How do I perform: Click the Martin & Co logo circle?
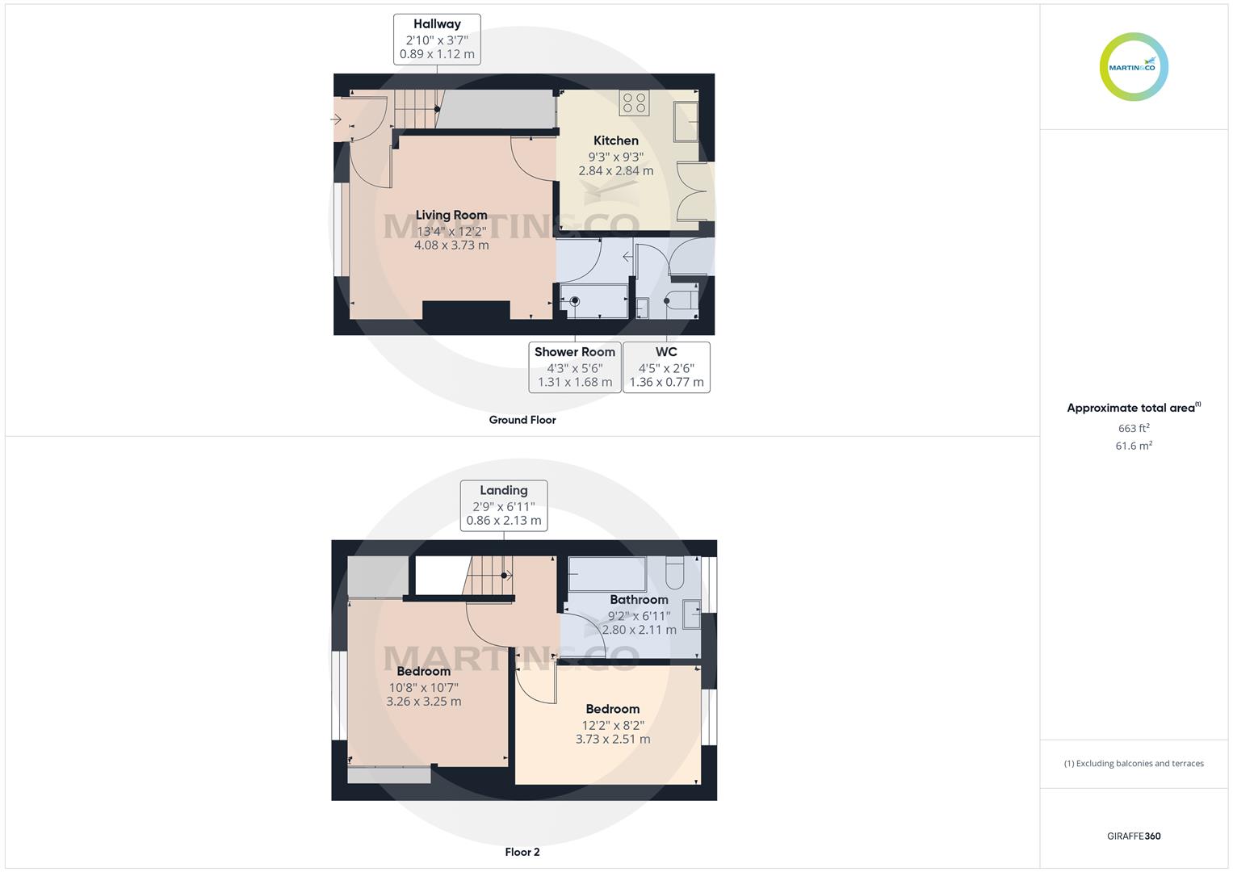[1134, 67]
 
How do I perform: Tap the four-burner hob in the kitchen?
[634, 103]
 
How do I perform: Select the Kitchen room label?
[616, 140]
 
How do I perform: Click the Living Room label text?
[451, 215]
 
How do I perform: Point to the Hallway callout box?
[437, 39]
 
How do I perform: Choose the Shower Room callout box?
[575, 367]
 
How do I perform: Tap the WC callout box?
[666, 367]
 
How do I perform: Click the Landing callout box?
[504, 505]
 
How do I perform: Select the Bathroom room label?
[639, 599]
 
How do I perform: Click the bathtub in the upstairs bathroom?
[607, 574]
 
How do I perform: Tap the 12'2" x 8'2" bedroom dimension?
[613, 725]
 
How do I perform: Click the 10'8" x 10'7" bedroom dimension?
[424, 687]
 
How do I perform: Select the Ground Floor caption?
[522, 420]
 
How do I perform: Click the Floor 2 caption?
[522, 852]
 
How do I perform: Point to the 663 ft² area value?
[1134, 428]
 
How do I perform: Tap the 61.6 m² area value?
[1134, 446]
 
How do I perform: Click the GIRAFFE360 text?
[1134, 836]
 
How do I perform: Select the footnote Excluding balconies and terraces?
[1134, 763]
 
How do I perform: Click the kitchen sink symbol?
[686, 122]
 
